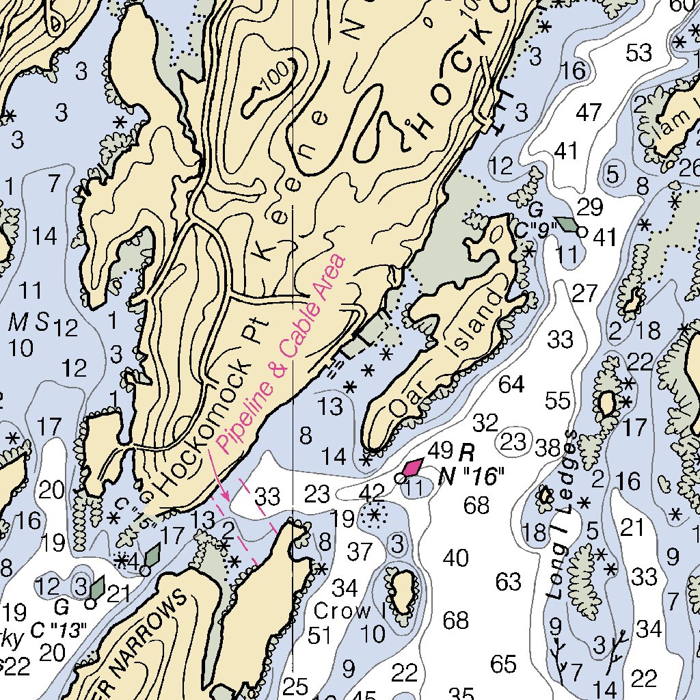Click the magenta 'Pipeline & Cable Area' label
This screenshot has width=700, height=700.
click(x=282, y=353)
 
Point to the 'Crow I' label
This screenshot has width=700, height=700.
click(x=349, y=610)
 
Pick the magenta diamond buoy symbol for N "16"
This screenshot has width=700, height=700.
click(x=412, y=468)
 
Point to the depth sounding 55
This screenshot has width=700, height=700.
click(x=557, y=401)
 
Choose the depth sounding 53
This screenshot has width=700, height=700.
click(x=639, y=52)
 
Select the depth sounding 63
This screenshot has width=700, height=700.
click(x=508, y=582)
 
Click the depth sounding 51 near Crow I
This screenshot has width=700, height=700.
click(x=319, y=634)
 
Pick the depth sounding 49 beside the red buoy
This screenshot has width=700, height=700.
click(x=441, y=450)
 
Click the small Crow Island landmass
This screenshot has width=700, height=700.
click(x=402, y=590)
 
